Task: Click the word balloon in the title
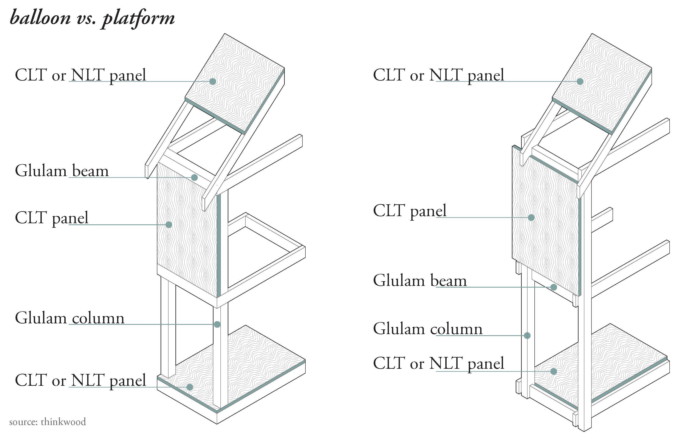coord(40,18)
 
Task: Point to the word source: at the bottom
coord(23,422)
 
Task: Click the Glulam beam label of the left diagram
coord(62,171)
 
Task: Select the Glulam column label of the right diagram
coord(428,329)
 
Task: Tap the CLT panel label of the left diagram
coord(51,218)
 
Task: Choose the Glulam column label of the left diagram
coord(70,318)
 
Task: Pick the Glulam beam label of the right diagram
coord(420,281)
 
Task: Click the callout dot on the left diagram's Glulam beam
coord(194,177)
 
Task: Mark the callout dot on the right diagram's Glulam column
coord(527,336)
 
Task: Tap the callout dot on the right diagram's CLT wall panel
coord(531,218)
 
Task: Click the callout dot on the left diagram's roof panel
coord(213,81)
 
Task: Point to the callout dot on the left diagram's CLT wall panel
coord(169,225)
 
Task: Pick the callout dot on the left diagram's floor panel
coord(190,387)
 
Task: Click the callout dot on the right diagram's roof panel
coord(580,81)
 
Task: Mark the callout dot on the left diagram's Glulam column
coord(217,324)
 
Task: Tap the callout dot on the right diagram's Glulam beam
coord(554,287)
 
